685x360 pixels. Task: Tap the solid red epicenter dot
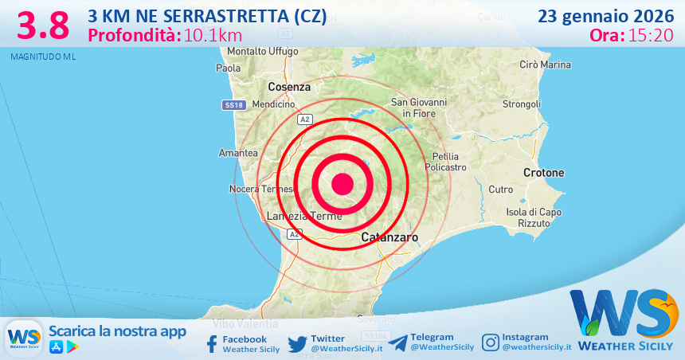pos(342,184)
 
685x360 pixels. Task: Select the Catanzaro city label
pos(389,237)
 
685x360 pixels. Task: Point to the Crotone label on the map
pos(543,173)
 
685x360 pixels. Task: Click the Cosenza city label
pos(288,86)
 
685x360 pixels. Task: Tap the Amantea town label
pos(238,152)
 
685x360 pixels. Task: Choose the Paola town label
pos(229,68)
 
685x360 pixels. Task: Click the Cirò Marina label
pos(545,65)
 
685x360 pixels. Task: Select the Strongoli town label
pos(522,104)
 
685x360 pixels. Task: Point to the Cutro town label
pos(501,190)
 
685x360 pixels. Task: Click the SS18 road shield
pos(233,105)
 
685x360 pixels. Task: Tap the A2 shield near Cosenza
pos(304,119)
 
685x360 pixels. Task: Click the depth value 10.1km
pos(213,35)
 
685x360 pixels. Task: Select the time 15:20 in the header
pos(652,35)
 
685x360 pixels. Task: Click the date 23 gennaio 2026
pos(605,16)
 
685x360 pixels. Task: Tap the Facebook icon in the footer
pos(212,343)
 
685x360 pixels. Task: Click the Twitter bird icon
pos(298,343)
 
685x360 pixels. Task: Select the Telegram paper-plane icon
pos(397,342)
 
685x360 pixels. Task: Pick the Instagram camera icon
pos(491,342)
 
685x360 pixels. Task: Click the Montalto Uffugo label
pos(262,52)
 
